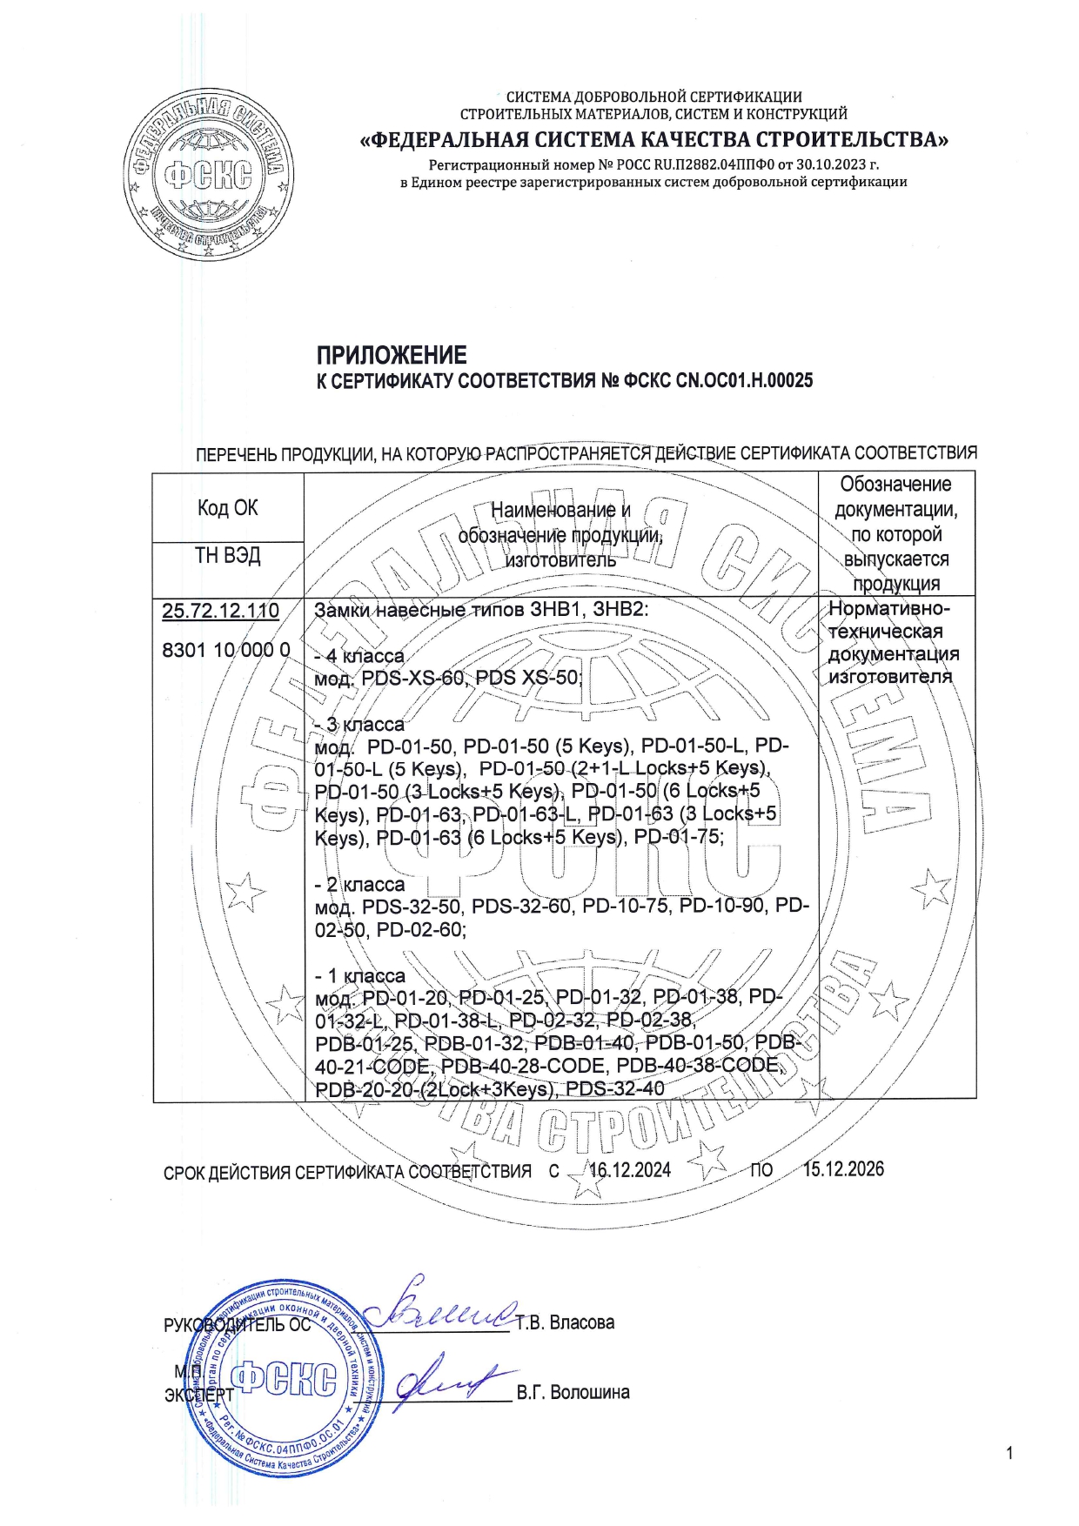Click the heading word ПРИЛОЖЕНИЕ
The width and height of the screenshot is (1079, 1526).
[391, 355]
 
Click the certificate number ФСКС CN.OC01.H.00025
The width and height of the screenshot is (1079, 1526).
[719, 380]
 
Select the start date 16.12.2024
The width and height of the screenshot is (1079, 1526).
[630, 1170]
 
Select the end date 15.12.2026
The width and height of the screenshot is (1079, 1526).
[842, 1168]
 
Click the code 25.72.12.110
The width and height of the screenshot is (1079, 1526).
[220, 611]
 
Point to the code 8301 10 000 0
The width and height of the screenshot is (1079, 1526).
[226, 649]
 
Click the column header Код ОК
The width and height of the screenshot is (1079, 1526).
[227, 507]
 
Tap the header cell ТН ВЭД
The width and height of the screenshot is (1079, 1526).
[227, 555]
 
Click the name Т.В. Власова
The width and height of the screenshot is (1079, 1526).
[565, 1323]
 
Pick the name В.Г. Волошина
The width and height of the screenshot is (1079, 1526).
[573, 1393]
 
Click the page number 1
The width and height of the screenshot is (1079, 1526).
[1009, 1453]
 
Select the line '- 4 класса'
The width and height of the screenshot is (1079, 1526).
[359, 656]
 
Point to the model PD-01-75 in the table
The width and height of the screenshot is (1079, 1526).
[678, 837]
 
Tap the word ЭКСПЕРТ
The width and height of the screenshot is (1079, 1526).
[198, 1395]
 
